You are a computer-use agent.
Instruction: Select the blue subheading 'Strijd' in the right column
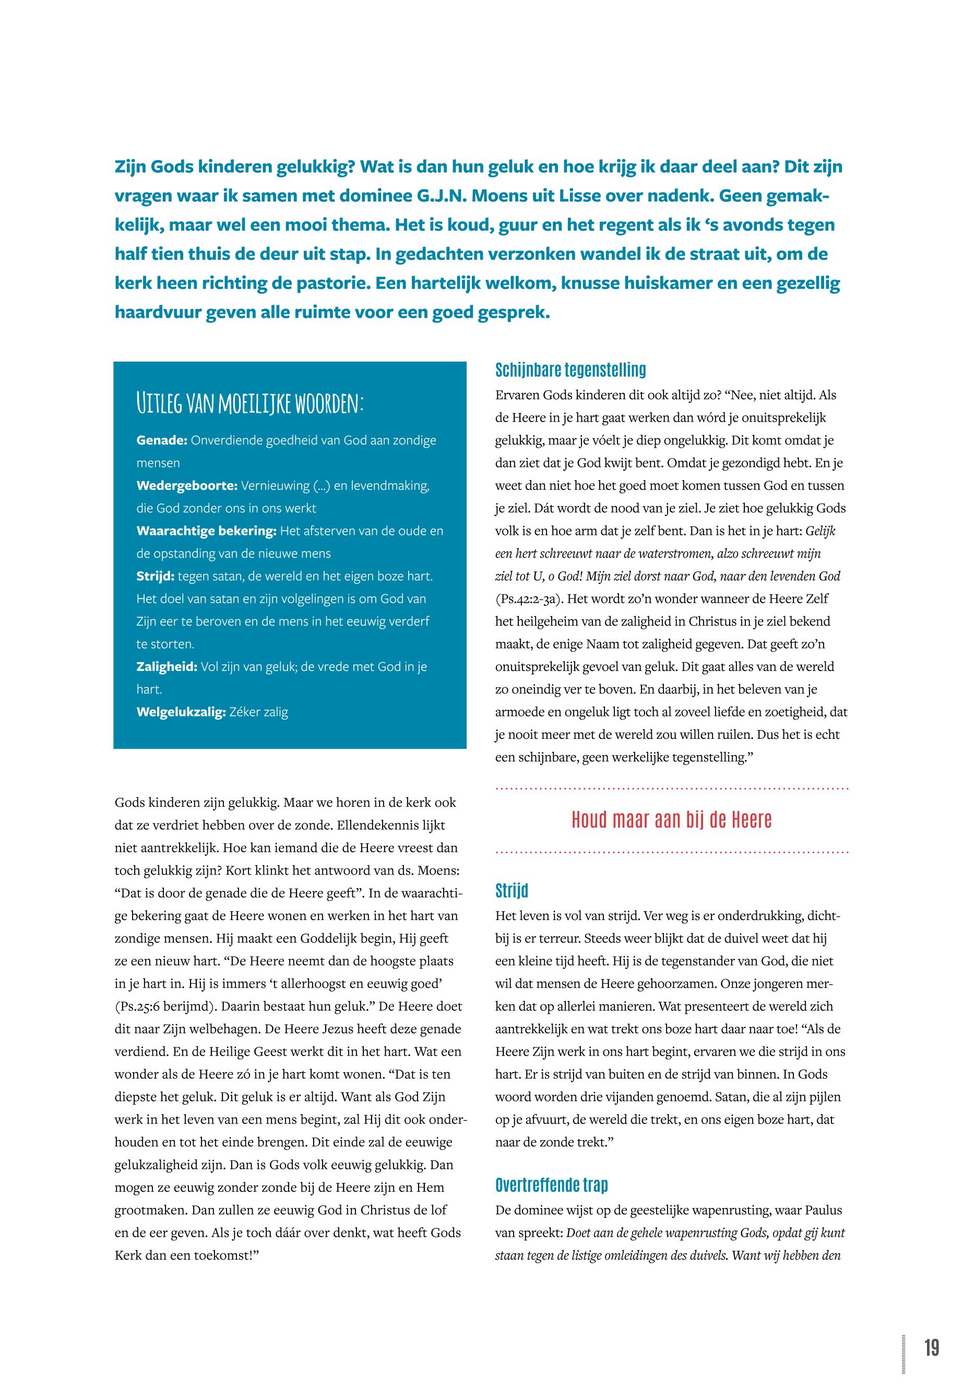point(511,890)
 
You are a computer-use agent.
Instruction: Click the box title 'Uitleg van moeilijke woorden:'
point(250,403)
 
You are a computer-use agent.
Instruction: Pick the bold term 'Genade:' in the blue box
point(162,440)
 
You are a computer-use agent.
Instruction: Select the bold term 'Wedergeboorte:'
point(186,486)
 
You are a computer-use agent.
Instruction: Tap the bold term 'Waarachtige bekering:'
point(206,531)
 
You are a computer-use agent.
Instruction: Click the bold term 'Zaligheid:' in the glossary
point(167,666)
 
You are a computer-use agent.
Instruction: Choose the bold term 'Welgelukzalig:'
point(181,712)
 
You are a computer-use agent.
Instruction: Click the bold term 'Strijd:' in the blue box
point(155,576)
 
